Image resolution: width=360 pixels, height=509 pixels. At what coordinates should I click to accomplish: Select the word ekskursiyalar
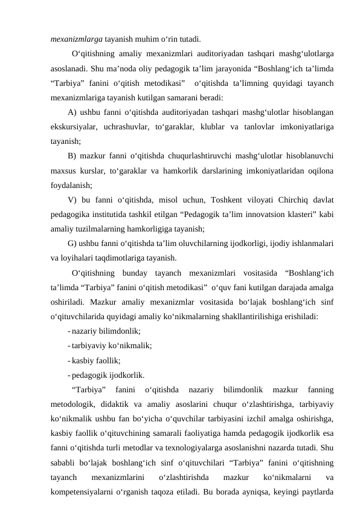[76, 128]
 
